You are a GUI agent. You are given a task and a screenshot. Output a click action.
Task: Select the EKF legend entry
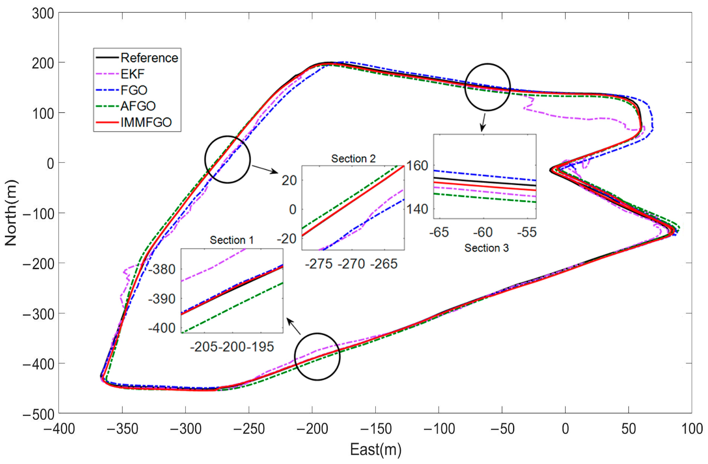pos(132,74)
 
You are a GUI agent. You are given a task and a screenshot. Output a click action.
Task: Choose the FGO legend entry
pos(134,90)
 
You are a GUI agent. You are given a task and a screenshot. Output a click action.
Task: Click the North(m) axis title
pos(11,213)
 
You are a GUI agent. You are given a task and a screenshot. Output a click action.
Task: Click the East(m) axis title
pos(375,449)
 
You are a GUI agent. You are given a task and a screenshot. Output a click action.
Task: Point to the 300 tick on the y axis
pos(43,14)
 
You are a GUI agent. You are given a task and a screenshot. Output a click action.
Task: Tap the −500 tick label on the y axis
pos(39,414)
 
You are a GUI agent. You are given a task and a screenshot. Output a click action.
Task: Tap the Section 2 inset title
pos(353,158)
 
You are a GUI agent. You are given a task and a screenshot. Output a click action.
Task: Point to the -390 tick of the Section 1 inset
pos(162,299)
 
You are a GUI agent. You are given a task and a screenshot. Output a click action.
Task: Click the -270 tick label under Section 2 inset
pos(351,264)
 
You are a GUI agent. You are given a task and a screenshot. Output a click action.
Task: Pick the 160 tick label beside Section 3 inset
pos(417,166)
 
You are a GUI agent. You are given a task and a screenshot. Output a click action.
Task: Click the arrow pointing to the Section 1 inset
pos(294,326)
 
